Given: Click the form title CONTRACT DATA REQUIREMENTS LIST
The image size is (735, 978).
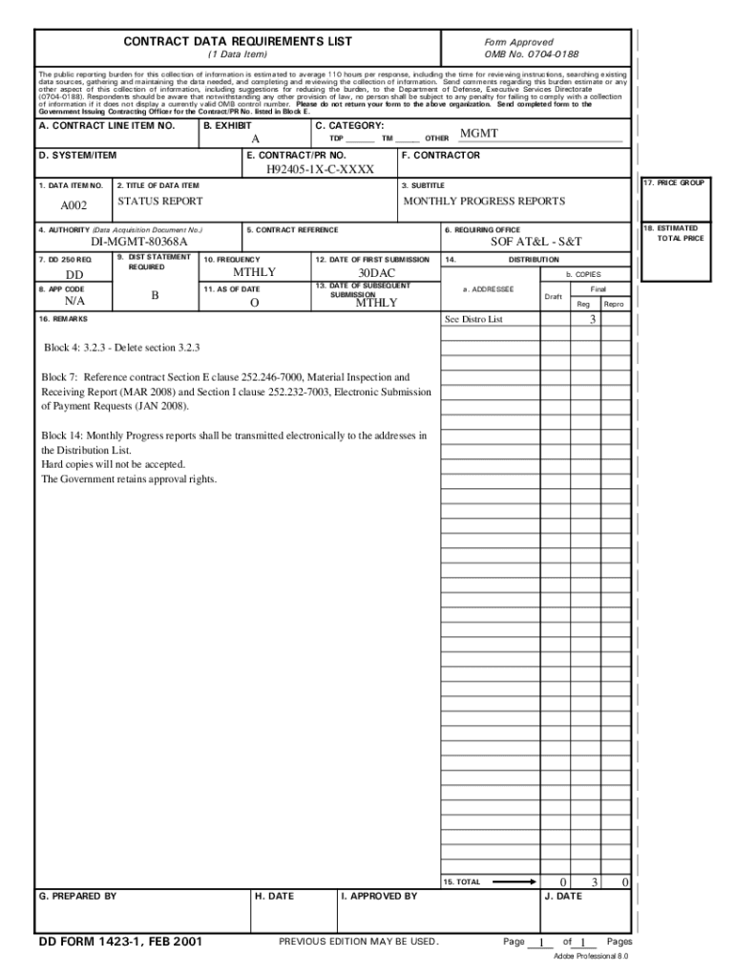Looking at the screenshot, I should click(238, 41).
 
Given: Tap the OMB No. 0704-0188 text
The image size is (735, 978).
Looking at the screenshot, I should click(532, 54).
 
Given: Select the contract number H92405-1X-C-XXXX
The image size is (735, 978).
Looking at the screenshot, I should click(320, 170).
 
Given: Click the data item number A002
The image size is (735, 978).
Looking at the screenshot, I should click(74, 205).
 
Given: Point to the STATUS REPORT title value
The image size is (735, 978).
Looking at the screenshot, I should click(160, 202).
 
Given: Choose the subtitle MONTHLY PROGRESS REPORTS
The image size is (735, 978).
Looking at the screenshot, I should click(484, 202).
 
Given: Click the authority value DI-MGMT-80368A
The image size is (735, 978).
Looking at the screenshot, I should click(139, 243).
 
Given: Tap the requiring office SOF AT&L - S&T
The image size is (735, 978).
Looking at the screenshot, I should click(535, 243).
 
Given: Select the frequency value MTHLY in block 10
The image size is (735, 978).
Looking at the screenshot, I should click(254, 273).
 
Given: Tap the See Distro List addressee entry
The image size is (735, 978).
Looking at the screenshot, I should click(473, 319).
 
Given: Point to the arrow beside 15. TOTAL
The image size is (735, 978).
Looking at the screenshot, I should click(515, 882).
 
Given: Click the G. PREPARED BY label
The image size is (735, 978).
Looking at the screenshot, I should click(77, 896).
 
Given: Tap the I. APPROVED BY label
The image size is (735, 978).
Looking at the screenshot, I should click(379, 896).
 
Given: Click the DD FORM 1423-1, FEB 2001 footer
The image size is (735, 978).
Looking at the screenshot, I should click(120, 942).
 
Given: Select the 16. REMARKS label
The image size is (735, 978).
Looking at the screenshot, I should click(63, 318).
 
